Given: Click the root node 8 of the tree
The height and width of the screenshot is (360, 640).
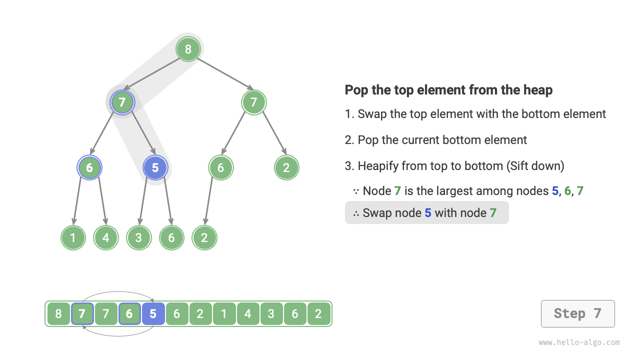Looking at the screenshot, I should point(188,49).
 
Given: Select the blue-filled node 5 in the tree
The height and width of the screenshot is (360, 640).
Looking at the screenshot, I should point(155,168).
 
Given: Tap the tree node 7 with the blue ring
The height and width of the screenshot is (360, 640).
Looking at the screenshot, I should point(122,102).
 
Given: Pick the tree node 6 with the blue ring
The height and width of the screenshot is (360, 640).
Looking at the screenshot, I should point(89,168).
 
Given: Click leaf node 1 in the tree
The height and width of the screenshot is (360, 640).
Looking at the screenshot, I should point(73,238).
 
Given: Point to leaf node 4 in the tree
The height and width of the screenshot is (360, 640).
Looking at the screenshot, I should point(106,238).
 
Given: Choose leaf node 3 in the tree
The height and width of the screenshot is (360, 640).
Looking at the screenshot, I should point(138,238).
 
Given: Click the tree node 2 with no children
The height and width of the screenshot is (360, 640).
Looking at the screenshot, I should point(286,168).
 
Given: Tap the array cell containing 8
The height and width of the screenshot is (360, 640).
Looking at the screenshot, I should point(58,314).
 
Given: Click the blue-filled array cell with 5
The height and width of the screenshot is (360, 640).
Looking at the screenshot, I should point(153,314).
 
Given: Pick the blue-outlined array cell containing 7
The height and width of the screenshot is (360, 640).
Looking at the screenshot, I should point(82,314).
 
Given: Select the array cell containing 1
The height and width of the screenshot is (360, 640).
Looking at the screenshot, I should point(224,314).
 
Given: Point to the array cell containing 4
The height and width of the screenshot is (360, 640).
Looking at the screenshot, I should point(247,314).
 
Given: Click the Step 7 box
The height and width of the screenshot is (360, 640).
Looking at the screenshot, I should point(577,313).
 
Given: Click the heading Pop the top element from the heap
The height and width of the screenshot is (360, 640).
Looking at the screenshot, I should point(448,90).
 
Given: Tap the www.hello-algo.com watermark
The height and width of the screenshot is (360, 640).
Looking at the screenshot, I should point(579,343).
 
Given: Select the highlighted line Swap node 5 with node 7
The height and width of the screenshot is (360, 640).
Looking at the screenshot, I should point(426,213).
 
